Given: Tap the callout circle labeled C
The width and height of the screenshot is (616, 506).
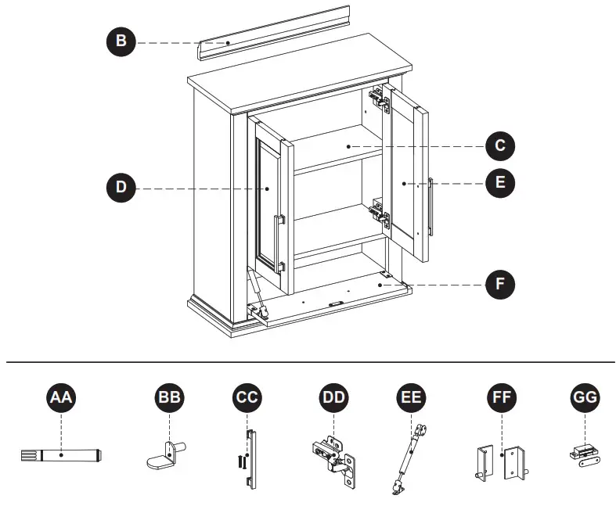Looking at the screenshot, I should pos(500,145).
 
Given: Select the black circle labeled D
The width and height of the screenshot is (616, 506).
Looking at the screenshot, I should pos(121,188).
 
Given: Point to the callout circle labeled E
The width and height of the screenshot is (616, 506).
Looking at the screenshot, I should pos(500,183).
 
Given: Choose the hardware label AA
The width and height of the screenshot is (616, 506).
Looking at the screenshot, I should pos(61,398).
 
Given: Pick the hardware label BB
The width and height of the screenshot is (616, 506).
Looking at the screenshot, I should pos(169,398).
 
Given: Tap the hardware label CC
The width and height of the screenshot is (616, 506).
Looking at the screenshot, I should pos(248,398).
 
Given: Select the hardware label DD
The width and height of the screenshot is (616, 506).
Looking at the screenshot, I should pos(334,398).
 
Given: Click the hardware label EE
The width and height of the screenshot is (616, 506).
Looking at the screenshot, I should pos(412,398).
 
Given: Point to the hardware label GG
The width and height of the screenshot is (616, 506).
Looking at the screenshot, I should pos(585,398).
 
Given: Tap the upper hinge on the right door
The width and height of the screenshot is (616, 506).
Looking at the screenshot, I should pos(380,99).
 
